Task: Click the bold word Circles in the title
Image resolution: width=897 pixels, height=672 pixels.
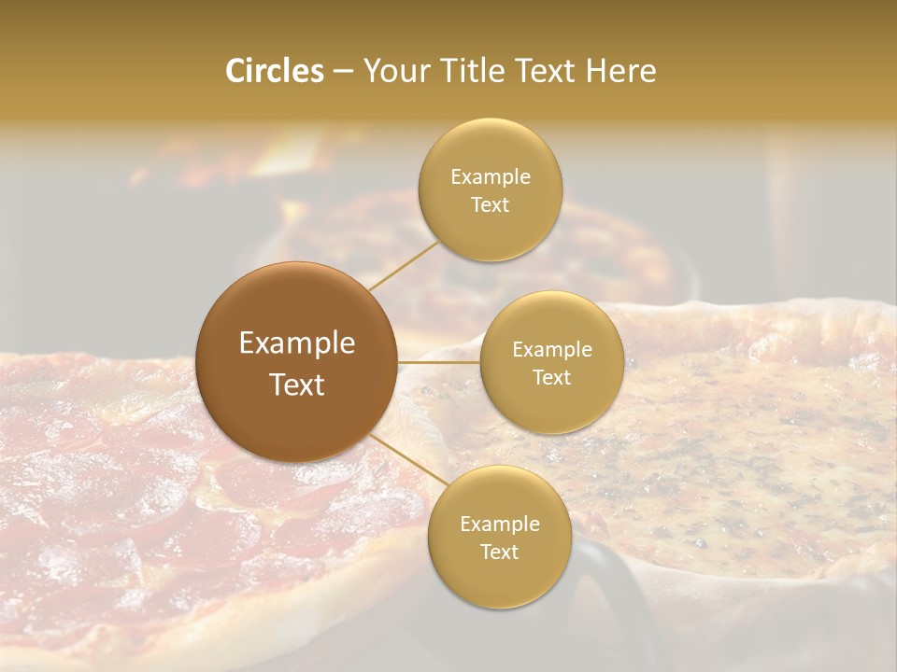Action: click(x=274, y=71)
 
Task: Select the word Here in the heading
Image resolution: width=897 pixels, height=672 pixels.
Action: click(x=620, y=71)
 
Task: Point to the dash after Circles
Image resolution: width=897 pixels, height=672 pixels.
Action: click(x=343, y=72)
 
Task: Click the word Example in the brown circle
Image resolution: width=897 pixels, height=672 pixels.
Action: click(x=296, y=343)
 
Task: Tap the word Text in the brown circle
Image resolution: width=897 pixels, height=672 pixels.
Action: click(x=296, y=385)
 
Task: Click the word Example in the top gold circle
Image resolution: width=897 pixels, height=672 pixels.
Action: click(x=490, y=177)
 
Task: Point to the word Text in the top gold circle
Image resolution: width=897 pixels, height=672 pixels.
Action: click(x=490, y=205)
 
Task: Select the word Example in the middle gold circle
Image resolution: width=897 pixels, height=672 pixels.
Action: click(x=551, y=350)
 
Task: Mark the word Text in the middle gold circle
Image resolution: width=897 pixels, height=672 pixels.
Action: click(x=551, y=378)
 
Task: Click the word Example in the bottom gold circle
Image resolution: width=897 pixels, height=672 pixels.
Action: click(x=499, y=525)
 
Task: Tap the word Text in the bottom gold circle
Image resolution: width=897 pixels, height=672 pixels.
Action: click(x=499, y=553)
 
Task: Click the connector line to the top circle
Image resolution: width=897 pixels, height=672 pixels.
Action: click(x=404, y=265)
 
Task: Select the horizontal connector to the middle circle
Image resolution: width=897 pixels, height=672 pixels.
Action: click(x=439, y=362)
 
